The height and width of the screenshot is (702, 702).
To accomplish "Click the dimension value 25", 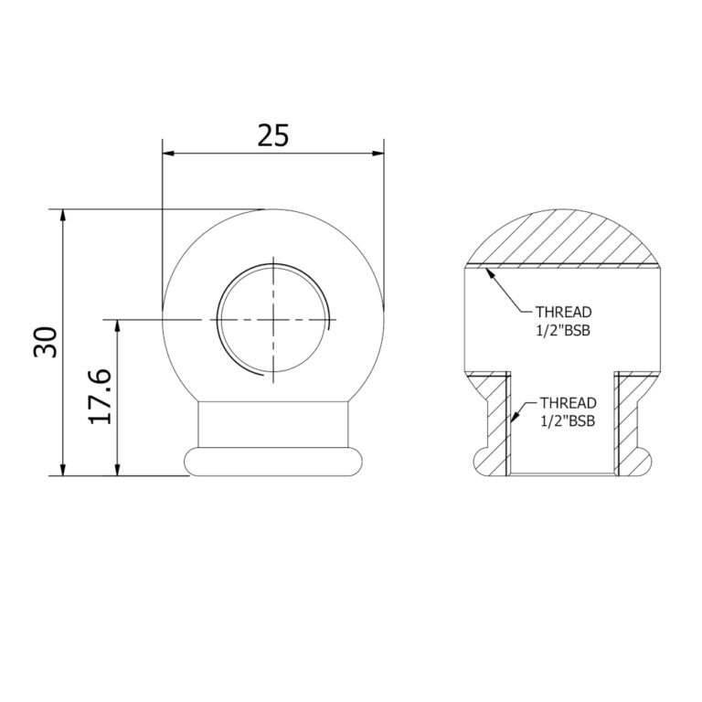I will (x=272, y=135).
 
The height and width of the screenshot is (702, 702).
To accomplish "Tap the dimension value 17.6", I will (x=101, y=396).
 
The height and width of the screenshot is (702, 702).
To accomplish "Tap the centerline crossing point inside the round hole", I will (x=272, y=318).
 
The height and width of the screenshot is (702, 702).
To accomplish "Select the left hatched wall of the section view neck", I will (x=497, y=425).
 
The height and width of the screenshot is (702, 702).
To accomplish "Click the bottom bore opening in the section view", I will (x=561, y=473).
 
